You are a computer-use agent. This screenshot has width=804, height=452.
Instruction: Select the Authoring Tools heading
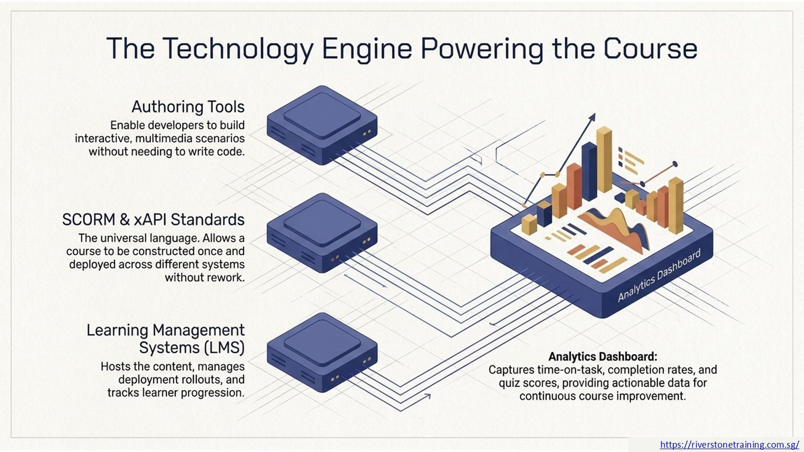(188, 107)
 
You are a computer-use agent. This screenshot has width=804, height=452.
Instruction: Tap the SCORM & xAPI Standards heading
(153, 219)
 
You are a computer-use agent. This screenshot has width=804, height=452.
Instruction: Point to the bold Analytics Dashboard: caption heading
(603, 357)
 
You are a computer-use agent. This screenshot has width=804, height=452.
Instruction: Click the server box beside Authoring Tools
(322, 125)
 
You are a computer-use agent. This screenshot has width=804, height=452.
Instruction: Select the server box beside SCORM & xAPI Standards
(322, 233)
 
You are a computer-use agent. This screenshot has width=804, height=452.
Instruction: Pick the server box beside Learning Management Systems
(322, 352)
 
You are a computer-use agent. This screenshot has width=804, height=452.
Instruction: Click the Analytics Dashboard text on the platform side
(659, 276)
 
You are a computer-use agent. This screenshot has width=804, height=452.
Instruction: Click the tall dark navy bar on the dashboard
(589, 171)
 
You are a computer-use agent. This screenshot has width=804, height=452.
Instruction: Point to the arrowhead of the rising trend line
(592, 117)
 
